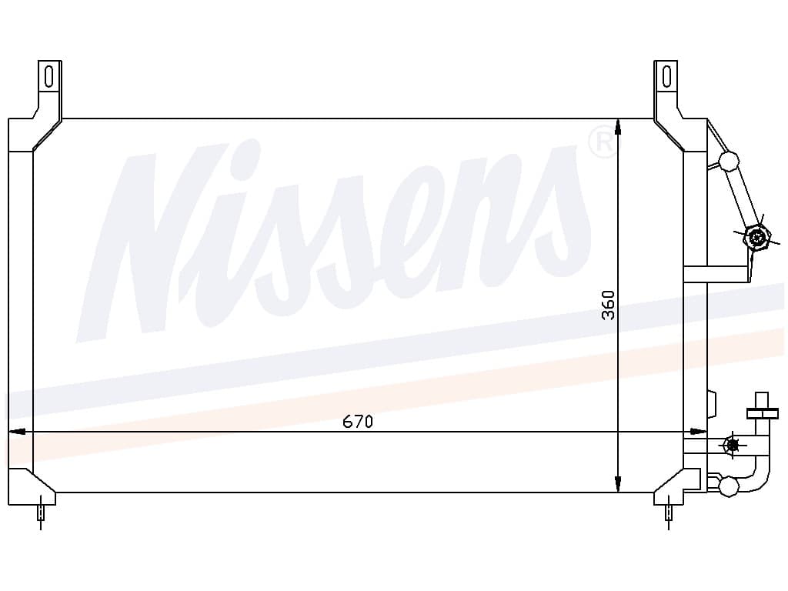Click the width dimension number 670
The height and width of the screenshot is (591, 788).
coord(358,422)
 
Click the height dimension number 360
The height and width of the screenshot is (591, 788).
coord(609,305)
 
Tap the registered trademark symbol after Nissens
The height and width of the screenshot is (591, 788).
coord(602,142)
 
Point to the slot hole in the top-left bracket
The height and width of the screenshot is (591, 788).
coord(49,76)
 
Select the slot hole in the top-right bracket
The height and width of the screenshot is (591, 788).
coord(666,76)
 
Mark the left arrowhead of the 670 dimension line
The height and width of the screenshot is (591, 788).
coord(15,432)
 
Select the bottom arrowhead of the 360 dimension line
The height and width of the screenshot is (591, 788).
coord(619,484)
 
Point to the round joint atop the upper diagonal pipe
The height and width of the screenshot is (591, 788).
coord(728,161)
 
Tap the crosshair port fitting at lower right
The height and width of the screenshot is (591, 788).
coord(733,444)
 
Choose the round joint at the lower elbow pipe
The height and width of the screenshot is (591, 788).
coord(727,486)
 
